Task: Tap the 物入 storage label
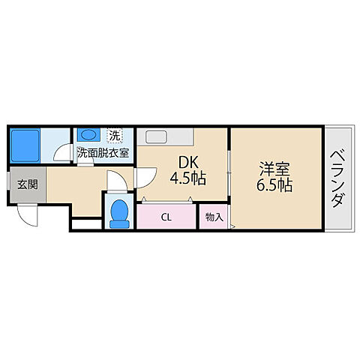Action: click(x=214, y=216)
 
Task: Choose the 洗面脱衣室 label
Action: click(x=103, y=152)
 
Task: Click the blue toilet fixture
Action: click(x=118, y=211)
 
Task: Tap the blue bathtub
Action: click(x=25, y=143)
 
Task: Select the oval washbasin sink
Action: click(x=88, y=136)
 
